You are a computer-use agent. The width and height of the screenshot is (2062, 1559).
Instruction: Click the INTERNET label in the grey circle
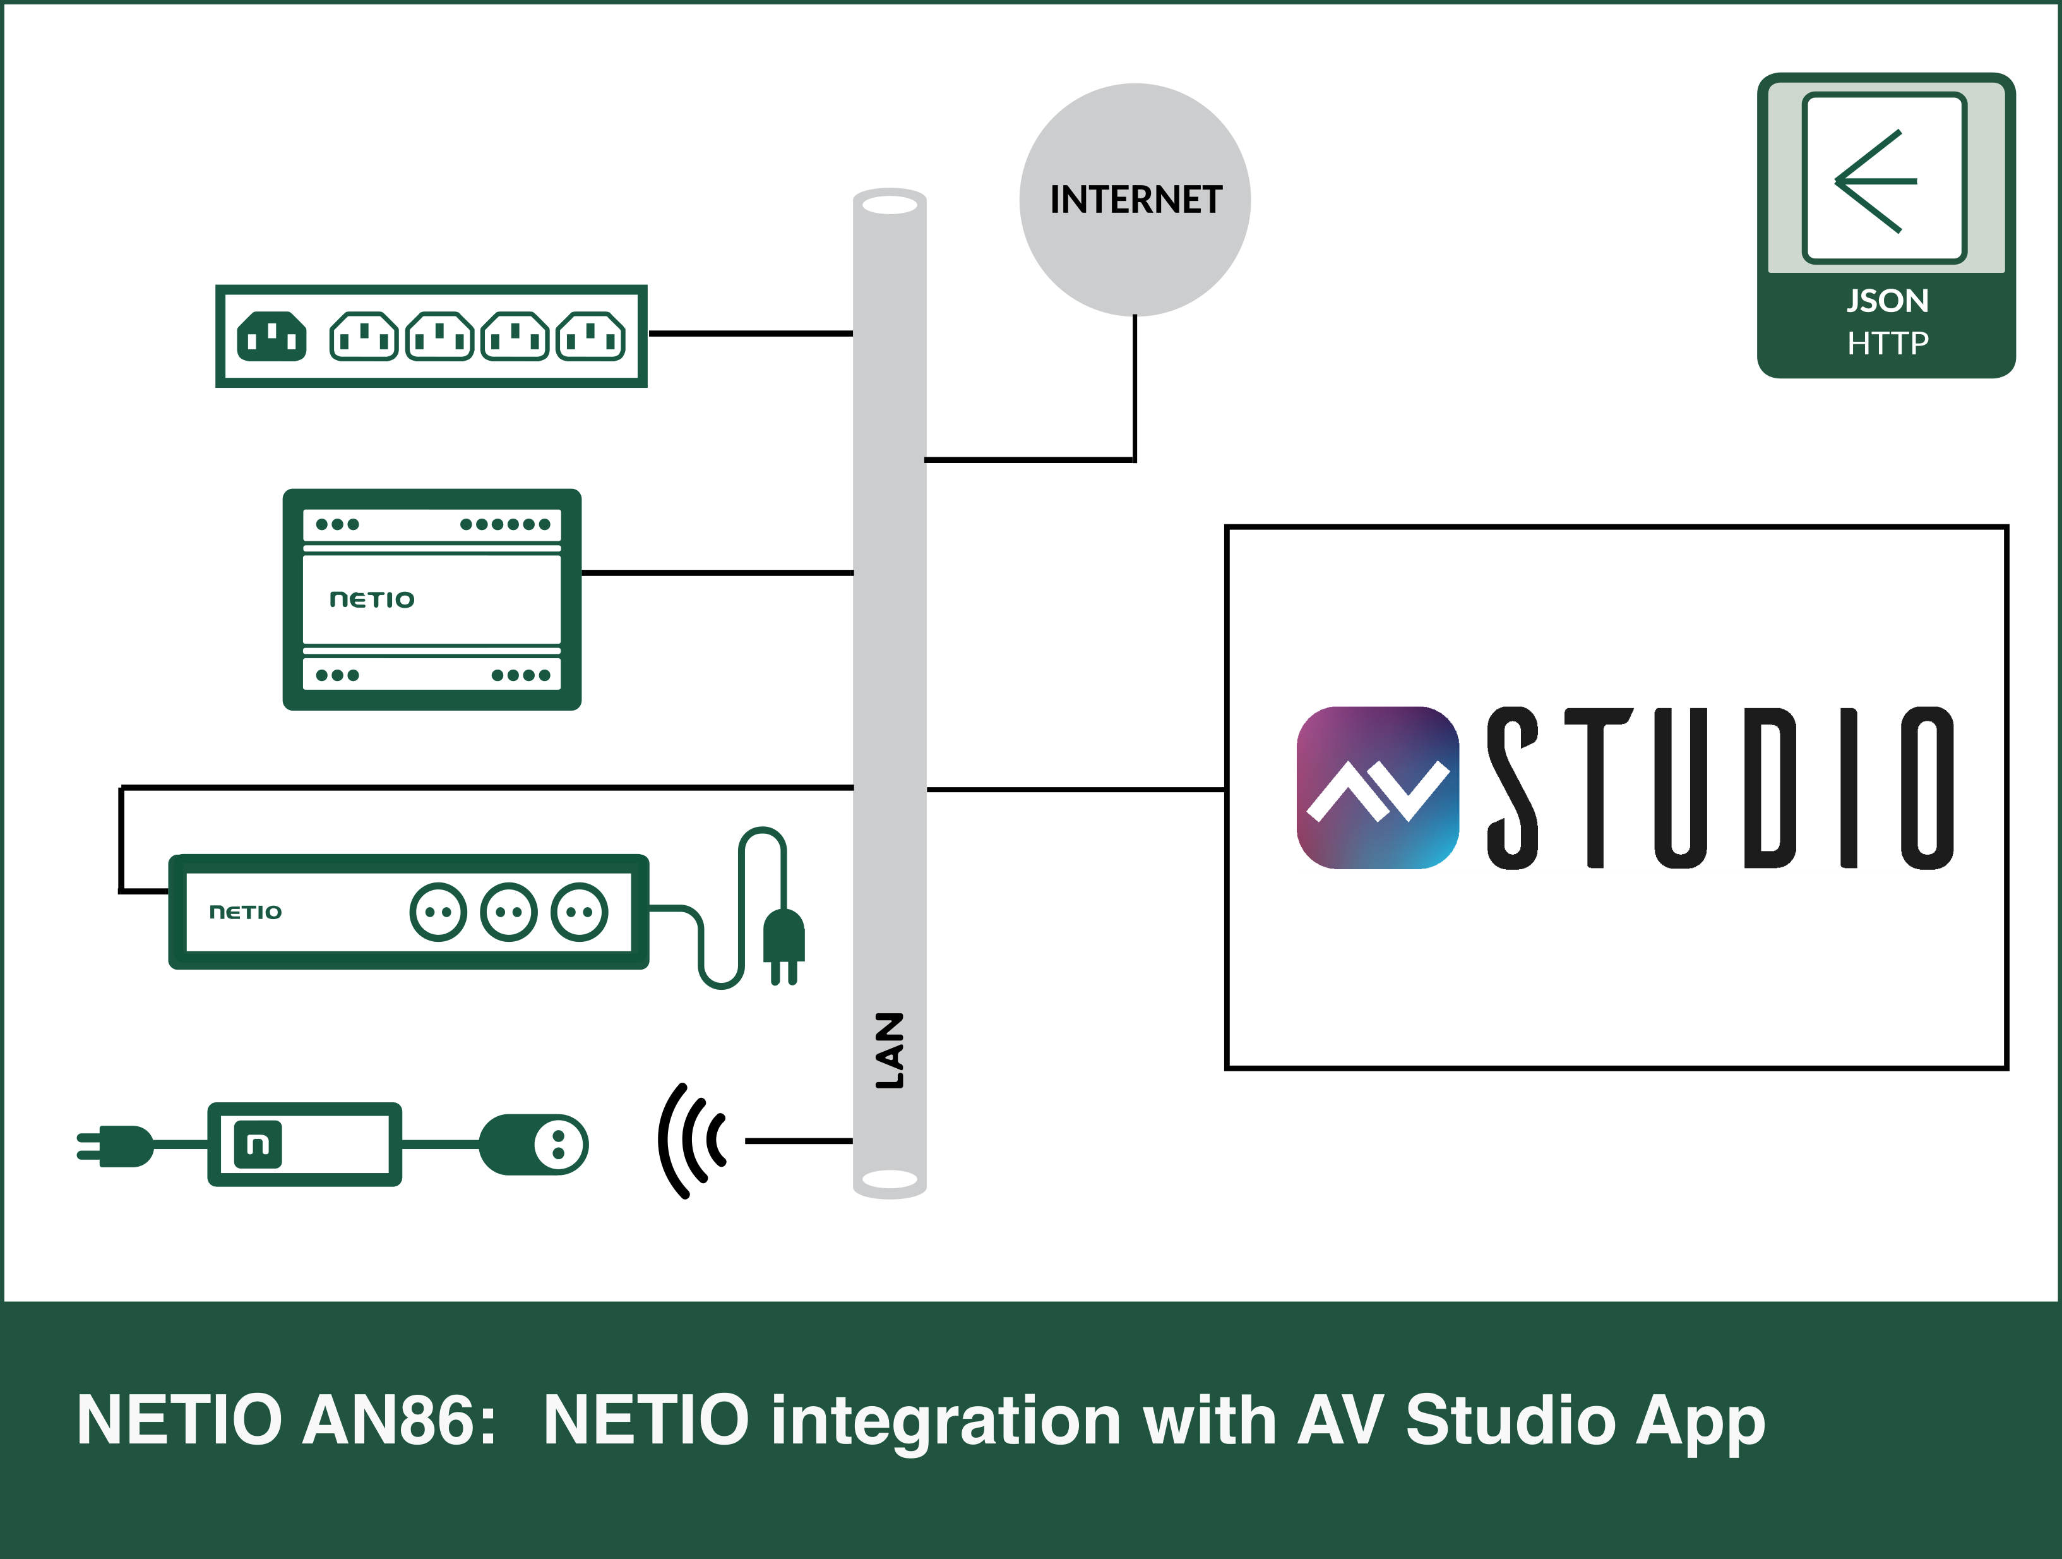pyautogui.click(x=1135, y=200)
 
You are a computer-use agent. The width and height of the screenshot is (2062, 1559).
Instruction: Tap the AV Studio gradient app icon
pyautogui.click(x=1377, y=788)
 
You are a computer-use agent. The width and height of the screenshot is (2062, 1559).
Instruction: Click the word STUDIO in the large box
pyautogui.click(x=1720, y=788)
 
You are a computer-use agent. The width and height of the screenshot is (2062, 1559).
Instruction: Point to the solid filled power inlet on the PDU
pyautogui.click(x=271, y=335)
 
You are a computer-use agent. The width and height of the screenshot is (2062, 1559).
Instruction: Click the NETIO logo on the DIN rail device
pyautogui.click(x=372, y=599)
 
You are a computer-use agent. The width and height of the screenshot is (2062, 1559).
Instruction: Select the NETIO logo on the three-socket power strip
pyautogui.click(x=245, y=912)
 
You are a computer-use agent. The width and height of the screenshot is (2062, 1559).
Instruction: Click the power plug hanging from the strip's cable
pyautogui.click(x=783, y=944)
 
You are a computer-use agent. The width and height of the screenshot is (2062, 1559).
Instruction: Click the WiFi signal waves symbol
pyautogui.click(x=693, y=1140)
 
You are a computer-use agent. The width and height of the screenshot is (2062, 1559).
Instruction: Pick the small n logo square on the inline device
pyautogui.click(x=258, y=1144)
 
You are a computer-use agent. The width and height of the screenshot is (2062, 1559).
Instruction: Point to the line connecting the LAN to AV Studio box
pyautogui.click(x=1075, y=790)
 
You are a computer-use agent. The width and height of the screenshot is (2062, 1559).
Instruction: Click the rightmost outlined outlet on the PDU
pyautogui.click(x=590, y=337)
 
